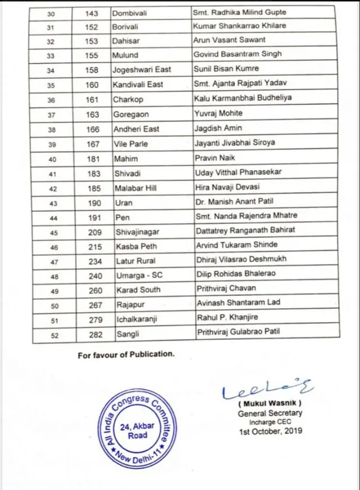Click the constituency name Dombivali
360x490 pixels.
click(132, 12)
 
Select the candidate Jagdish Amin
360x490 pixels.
click(214, 129)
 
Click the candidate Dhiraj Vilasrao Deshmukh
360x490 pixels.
click(242, 260)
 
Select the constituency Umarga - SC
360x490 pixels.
click(139, 275)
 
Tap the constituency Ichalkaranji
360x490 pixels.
click(137, 319)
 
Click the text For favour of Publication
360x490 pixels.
click(126, 354)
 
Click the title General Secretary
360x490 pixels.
click(269, 413)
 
